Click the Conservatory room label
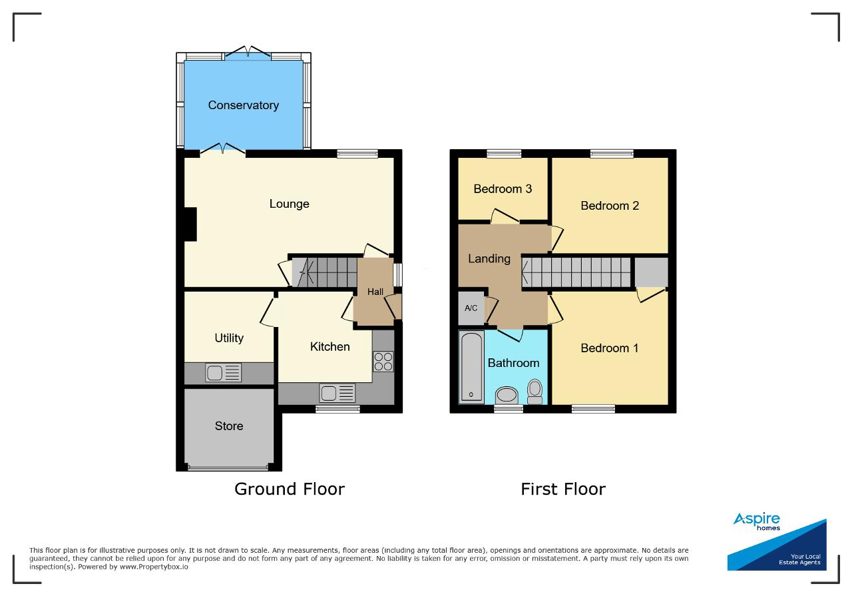244,105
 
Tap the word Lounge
289,204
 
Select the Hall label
375,292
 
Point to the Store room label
229,426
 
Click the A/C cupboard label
471,308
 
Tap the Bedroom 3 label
503,188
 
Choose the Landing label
489,259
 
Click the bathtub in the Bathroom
471,368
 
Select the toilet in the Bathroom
535,392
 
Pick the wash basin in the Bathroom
507,396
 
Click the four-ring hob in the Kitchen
383,362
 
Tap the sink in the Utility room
223,373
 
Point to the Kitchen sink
337,393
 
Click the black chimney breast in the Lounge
190,224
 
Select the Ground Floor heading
290,489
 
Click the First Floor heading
563,489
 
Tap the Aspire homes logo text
757,521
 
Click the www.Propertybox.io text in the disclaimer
154,567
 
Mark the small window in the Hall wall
398,275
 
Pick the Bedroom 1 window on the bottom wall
593,409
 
